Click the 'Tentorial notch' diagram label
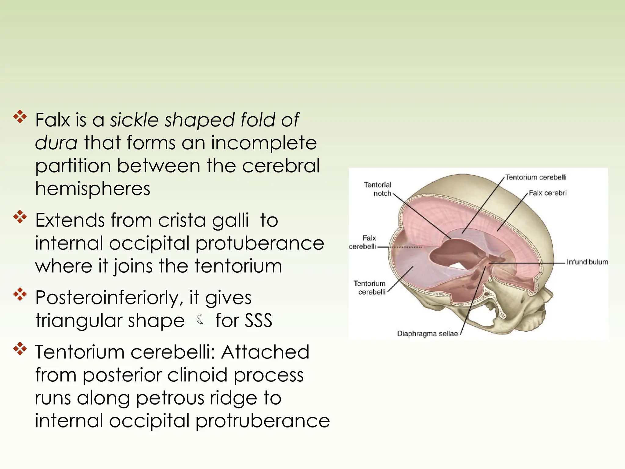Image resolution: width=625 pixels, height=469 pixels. click(378, 189)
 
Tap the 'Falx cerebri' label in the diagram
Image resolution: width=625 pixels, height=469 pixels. click(547, 193)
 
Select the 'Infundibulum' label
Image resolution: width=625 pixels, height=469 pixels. click(587, 262)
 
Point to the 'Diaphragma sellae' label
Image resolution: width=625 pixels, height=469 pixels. click(427, 333)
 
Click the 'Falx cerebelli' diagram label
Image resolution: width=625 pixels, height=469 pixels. click(363, 242)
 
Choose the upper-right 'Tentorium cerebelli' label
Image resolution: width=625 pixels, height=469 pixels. click(536, 177)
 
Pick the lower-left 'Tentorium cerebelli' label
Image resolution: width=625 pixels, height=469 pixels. click(370, 288)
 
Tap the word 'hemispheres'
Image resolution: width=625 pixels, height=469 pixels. click(93, 188)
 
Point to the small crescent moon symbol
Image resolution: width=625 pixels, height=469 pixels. click(201, 320)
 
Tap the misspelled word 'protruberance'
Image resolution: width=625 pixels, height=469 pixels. click(262, 421)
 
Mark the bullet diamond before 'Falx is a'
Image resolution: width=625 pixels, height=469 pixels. click(20, 117)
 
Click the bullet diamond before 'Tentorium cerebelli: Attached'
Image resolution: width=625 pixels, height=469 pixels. click(20, 349)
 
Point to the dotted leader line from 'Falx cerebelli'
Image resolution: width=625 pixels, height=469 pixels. click(400, 247)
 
